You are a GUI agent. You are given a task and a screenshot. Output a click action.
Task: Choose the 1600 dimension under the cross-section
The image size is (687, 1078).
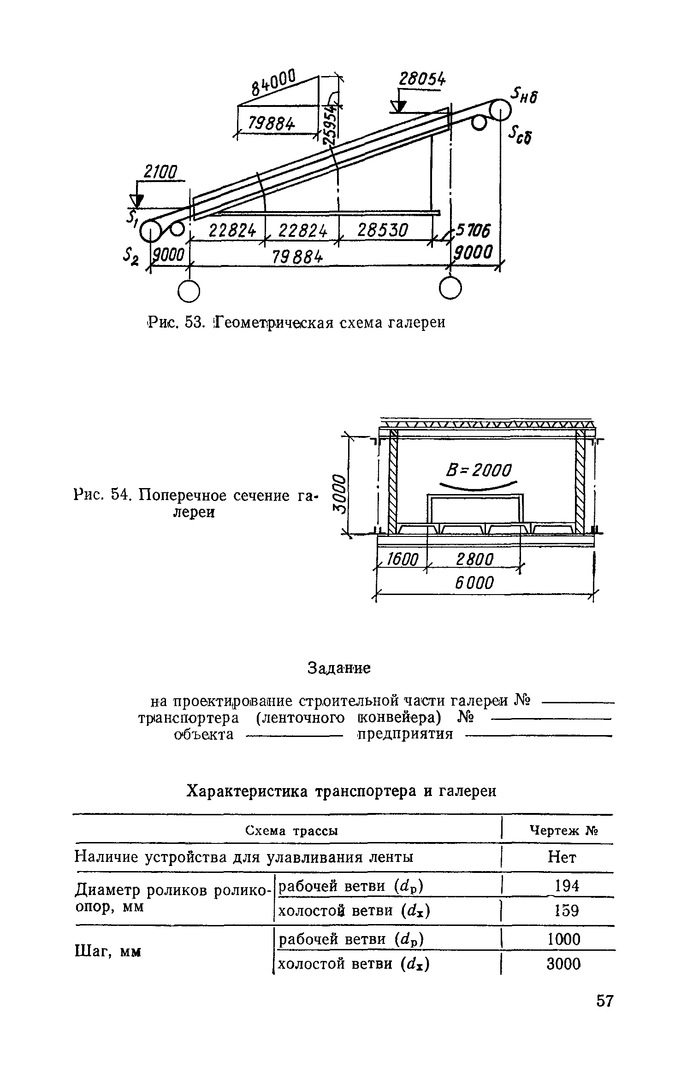point(402,560)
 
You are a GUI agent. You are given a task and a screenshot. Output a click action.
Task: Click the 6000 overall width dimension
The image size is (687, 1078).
point(475,583)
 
